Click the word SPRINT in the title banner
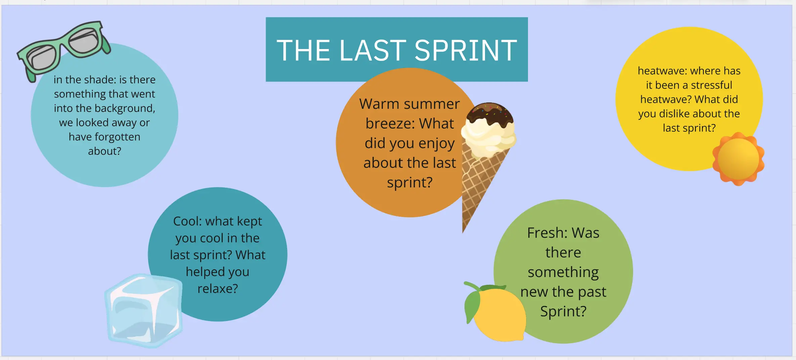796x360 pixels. tap(466, 50)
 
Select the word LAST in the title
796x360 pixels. tap(373, 50)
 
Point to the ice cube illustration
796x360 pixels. tap(144, 311)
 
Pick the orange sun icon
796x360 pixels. tap(738, 159)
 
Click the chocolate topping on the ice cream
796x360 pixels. tap(490, 114)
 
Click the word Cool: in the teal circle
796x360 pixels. tap(187, 221)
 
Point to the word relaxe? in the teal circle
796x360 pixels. tap(218, 288)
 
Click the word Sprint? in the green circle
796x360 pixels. tap(563, 312)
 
